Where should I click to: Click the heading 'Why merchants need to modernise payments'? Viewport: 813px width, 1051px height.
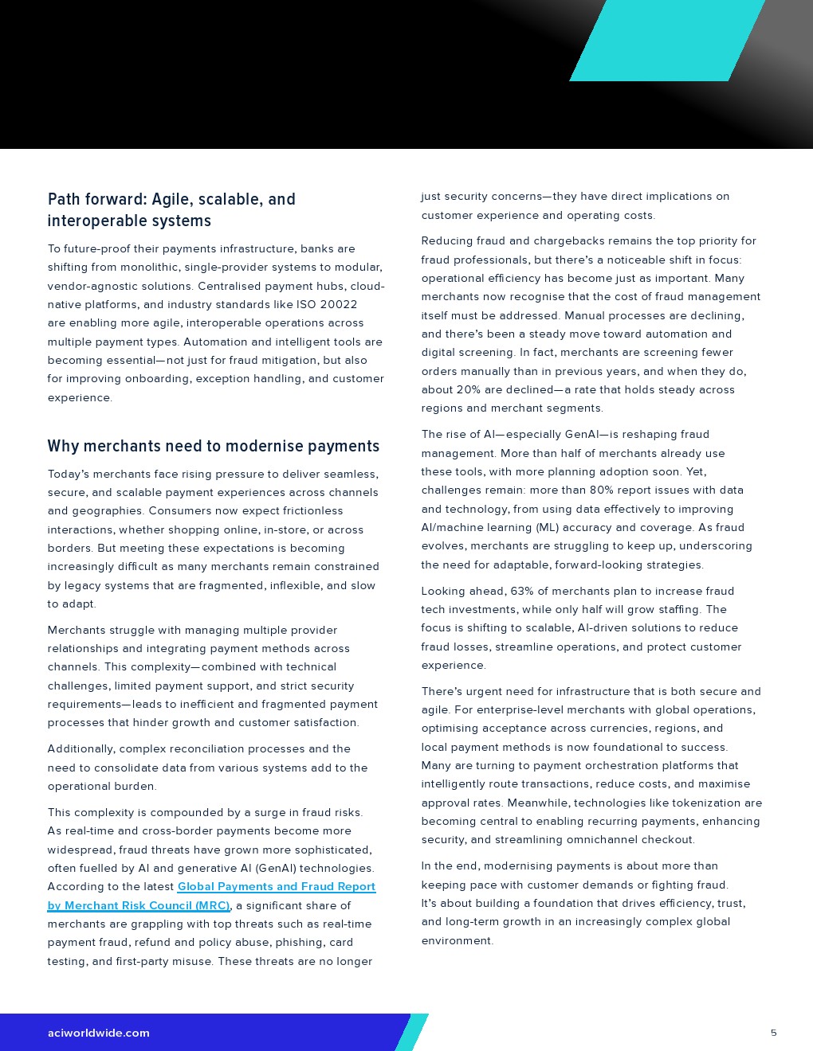pyautogui.click(x=213, y=446)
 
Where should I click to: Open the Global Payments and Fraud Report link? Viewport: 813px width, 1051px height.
pyautogui.click(x=276, y=887)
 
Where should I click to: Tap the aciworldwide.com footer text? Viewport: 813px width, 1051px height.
pyautogui.click(x=98, y=1033)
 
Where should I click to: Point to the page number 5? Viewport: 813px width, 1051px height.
pyautogui.click(x=773, y=1033)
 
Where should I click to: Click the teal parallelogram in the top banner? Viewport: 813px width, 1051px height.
pyautogui.click(x=667, y=40)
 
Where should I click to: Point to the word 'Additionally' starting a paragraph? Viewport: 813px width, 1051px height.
pyautogui.click(x=80, y=748)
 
